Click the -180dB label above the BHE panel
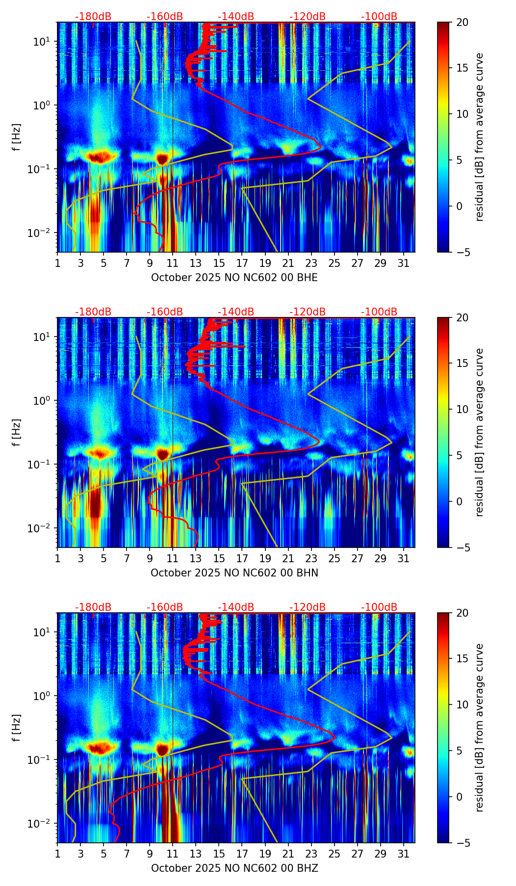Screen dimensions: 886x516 (93, 17)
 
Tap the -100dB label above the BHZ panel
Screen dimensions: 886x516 (379, 607)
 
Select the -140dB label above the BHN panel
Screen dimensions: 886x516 (236, 312)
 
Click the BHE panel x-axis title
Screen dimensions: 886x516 (234, 278)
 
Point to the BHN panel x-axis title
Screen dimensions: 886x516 (234, 573)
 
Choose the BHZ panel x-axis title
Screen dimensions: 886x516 (234, 868)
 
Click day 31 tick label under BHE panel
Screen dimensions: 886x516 (404, 263)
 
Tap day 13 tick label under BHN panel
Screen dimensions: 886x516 (196, 558)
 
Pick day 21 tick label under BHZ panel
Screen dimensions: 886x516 (288, 854)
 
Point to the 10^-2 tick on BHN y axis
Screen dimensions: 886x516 (40, 528)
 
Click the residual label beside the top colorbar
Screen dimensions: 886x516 (479, 137)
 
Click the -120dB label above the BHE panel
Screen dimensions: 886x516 (308, 17)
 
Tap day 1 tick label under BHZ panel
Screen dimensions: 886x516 (57, 854)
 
